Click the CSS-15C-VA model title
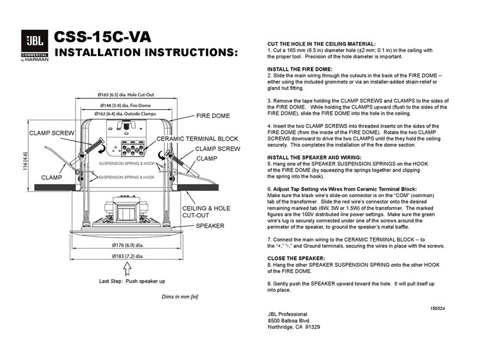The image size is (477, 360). pyautogui.click(x=103, y=37)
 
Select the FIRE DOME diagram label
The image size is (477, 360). pyautogui.click(x=214, y=116)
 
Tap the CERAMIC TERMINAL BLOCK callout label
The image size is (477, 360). pyautogui.click(x=197, y=139)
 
